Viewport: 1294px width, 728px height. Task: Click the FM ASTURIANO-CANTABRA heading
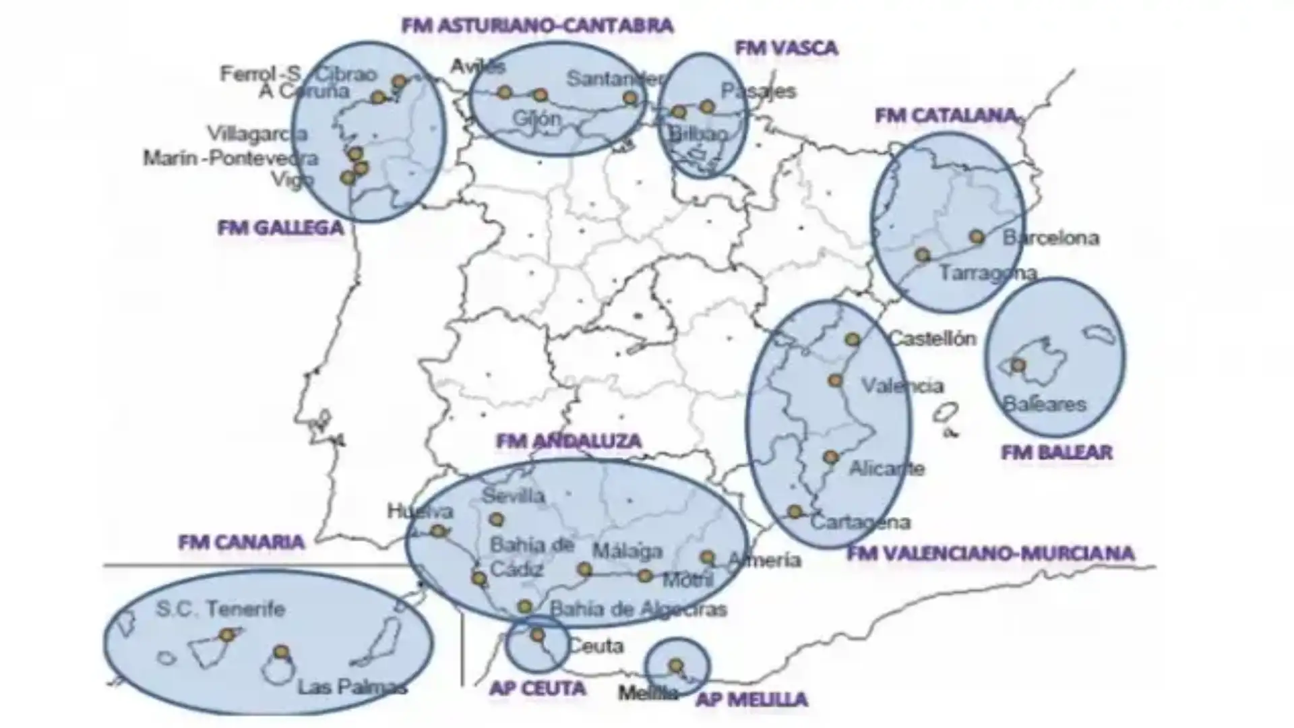[537, 26]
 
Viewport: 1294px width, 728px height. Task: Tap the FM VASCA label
[786, 48]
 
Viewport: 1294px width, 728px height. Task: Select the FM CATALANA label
[946, 116]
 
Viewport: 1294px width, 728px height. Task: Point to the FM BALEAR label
[1056, 452]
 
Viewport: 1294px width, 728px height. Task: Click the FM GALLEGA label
[280, 228]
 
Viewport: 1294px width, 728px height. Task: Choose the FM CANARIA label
[241, 542]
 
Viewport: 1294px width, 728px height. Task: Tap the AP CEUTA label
[537, 688]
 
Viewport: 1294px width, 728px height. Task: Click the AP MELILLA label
[751, 699]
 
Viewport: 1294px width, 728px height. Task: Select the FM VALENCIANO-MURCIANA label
[991, 553]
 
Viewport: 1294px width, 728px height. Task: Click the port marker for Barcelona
[977, 237]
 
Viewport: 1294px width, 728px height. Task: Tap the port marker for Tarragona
[923, 255]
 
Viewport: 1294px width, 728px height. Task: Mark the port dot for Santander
[630, 98]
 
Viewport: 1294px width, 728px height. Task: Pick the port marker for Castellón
[853, 339]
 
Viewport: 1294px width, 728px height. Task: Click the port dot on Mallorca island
[1018, 365]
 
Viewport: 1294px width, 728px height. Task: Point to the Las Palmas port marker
[281, 652]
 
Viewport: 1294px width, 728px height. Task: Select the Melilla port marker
[675, 665]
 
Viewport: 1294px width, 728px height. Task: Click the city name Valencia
[902, 386]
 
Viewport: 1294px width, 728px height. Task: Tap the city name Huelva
[420, 512]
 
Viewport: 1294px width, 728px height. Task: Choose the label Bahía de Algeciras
[638, 609]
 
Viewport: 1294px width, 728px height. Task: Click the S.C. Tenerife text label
[220, 609]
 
